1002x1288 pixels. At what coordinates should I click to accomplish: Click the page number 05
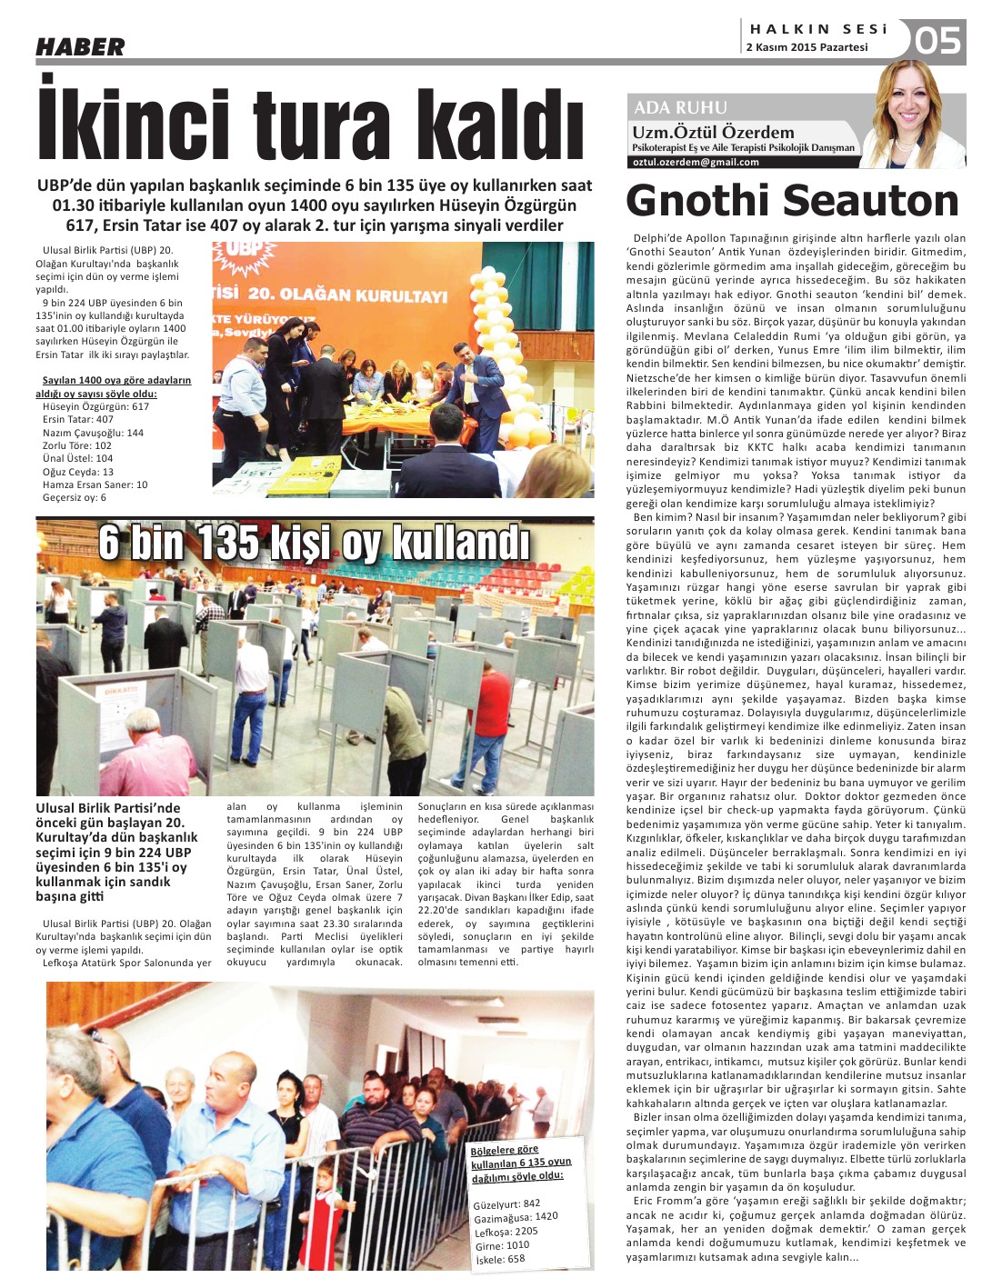point(938,41)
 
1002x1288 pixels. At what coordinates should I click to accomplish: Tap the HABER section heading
point(80,47)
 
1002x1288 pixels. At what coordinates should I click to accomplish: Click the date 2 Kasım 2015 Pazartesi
point(807,47)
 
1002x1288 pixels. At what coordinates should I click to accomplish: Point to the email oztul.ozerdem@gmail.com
point(696,162)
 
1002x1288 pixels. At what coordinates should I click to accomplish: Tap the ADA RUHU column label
point(680,107)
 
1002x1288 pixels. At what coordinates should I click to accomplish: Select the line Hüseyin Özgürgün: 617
point(95,406)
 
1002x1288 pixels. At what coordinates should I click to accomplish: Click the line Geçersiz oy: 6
point(74,497)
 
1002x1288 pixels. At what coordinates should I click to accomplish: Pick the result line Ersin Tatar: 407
point(78,419)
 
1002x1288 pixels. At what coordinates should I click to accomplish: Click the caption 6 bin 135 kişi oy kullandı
point(314,544)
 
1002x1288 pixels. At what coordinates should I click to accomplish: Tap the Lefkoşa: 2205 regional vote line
point(506,1232)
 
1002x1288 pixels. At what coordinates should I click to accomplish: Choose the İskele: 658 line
point(499,1259)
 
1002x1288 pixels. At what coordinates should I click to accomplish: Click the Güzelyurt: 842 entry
point(506,1203)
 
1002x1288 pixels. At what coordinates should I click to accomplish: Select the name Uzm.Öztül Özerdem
point(713,132)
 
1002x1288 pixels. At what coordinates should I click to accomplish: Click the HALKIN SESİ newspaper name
point(818,29)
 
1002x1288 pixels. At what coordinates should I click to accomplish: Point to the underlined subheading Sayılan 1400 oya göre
point(115,381)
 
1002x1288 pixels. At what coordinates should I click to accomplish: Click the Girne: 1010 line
point(502,1245)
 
